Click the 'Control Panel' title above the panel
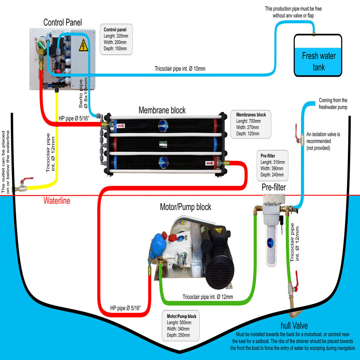(x=63, y=22)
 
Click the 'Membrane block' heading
(x=162, y=110)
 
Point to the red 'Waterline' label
(x=57, y=201)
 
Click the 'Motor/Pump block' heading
(x=185, y=207)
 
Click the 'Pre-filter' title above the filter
(x=274, y=187)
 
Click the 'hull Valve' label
(x=294, y=325)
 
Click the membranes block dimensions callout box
(x=251, y=124)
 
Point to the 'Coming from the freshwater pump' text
(x=333, y=104)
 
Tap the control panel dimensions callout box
(x=116, y=39)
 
